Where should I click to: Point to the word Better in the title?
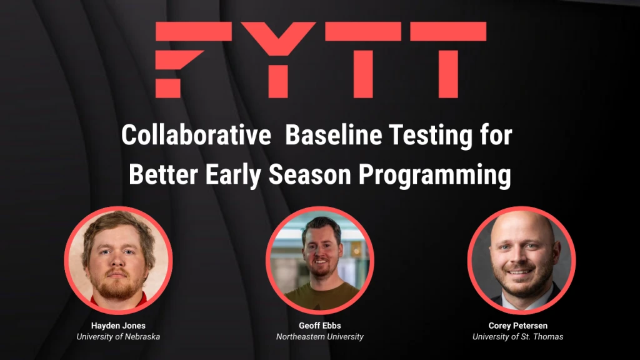[161, 174]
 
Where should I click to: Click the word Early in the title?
[234, 174]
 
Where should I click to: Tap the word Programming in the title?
[434, 176]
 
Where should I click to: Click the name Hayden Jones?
[118, 326]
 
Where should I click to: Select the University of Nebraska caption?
[118, 337]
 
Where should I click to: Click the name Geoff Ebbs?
[319, 326]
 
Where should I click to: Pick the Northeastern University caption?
[319, 337]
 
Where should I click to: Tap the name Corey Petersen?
[517, 326]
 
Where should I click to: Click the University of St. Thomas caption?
[517, 337]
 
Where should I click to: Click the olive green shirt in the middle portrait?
[320, 296]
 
